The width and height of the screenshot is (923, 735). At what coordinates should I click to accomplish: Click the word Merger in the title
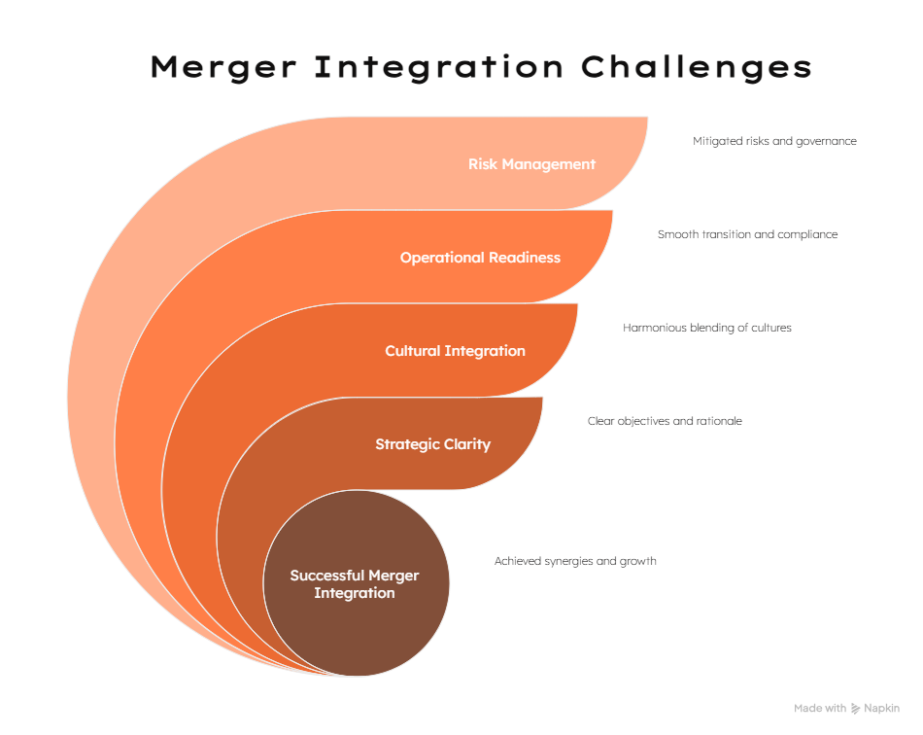(x=223, y=67)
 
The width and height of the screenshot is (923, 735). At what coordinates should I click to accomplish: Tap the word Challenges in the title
(x=697, y=67)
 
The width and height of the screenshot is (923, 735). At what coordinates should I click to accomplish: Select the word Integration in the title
(x=439, y=67)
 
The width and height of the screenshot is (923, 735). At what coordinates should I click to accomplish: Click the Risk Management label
(x=531, y=164)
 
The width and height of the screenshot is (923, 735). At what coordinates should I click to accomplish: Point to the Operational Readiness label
(x=480, y=258)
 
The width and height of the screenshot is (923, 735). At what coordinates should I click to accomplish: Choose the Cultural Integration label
(x=455, y=351)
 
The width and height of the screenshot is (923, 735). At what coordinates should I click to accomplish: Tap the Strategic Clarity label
(x=432, y=444)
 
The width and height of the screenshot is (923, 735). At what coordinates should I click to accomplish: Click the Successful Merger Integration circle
(x=357, y=583)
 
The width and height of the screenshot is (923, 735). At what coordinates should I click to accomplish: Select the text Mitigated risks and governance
(x=774, y=141)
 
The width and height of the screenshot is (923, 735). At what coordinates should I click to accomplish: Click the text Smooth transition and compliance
(x=747, y=234)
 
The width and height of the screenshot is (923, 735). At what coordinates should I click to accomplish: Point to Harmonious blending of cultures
(x=707, y=328)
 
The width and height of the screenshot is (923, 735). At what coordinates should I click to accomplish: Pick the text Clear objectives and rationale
(x=665, y=421)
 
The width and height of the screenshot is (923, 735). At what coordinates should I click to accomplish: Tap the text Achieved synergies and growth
(x=575, y=561)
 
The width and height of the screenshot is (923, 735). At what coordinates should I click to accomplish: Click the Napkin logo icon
(x=855, y=709)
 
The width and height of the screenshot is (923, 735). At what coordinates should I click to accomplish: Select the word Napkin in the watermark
(x=882, y=709)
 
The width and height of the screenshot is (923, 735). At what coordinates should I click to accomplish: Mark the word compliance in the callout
(x=807, y=235)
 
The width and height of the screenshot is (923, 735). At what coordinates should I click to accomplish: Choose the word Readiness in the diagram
(x=525, y=258)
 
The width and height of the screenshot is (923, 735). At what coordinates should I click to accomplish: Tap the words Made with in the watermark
(x=820, y=709)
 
